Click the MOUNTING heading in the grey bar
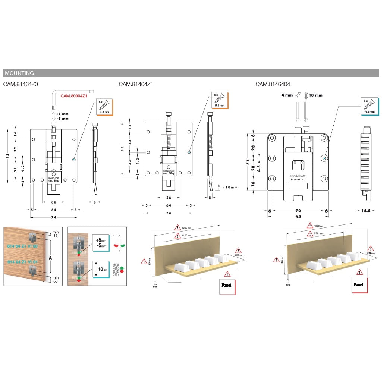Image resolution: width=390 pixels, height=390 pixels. pyautogui.click(x=19, y=73)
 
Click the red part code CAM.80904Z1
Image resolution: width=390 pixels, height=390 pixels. pyautogui.click(x=74, y=96)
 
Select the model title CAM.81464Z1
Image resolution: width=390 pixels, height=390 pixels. pyautogui.click(x=136, y=84)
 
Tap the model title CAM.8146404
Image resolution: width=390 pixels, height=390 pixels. pyautogui.click(x=273, y=84)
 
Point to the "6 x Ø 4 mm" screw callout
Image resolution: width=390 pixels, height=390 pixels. pyautogui.click(x=370, y=106)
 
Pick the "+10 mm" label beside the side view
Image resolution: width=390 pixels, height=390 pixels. pyautogui.click(x=230, y=187)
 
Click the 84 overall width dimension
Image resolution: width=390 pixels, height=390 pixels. pyautogui.click(x=298, y=217)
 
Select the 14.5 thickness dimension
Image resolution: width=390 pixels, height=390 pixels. pyautogui.click(x=366, y=211)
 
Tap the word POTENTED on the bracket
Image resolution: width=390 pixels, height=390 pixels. pyautogui.click(x=298, y=179)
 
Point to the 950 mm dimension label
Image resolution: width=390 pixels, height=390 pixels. pyautogui.click(x=318, y=234)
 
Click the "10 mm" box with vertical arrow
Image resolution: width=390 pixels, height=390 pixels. pyautogui.click(x=101, y=269)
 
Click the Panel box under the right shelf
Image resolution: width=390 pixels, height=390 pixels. pyautogui.click(x=359, y=285)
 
